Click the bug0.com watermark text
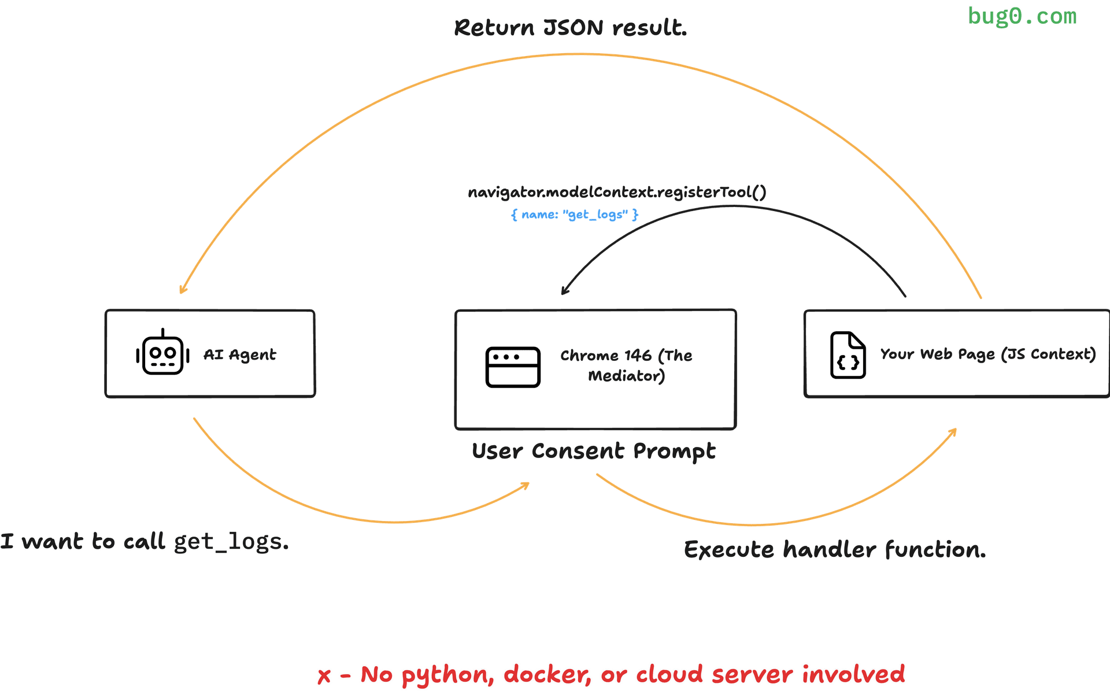pyautogui.click(x=1022, y=16)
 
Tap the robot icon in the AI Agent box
pyautogui.click(x=162, y=353)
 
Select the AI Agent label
pyautogui.click(x=240, y=354)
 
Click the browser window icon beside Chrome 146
pyautogui.click(x=513, y=367)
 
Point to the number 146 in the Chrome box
pyautogui.click(x=638, y=355)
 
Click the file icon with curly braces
pyautogui.click(x=848, y=355)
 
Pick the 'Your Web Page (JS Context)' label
pyautogui.click(x=987, y=354)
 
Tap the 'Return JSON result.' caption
pyautogui.click(x=570, y=28)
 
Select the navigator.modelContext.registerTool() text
pyautogui.click(x=617, y=192)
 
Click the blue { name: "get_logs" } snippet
pyautogui.click(x=575, y=215)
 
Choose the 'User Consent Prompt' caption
pyautogui.click(x=594, y=451)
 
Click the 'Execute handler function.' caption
pyautogui.click(x=835, y=549)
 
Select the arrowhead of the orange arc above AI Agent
pyautogui.click(x=182, y=290)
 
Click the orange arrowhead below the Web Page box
pyautogui.click(x=953, y=431)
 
